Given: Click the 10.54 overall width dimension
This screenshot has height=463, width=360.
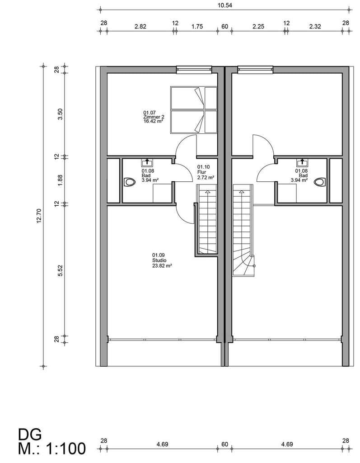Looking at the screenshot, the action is tap(224, 5).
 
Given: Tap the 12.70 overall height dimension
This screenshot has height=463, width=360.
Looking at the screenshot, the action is tap(39, 216).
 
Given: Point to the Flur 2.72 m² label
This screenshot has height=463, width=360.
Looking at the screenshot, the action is tap(206, 172).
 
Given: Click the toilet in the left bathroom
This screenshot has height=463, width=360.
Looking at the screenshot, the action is tap(130, 182).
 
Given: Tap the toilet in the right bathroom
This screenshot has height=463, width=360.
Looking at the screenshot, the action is tap(320, 182).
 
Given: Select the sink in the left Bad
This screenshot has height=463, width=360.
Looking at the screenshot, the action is tap(147, 162).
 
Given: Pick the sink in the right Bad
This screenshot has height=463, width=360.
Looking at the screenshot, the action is tap(302, 162).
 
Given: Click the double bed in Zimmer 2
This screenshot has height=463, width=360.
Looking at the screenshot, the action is tap(194, 109).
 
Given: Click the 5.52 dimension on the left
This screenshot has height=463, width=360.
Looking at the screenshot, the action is tap(60, 270).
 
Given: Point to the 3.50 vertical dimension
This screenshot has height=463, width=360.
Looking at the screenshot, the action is tap(60, 114).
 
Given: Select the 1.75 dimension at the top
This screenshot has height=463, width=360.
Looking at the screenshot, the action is tap(197, 27).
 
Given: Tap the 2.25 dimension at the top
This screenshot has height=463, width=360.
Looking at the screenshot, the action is tap(258, 27).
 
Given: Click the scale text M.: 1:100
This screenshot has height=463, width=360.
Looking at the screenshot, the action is tap(52, 448).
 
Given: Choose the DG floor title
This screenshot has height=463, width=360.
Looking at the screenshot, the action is tap(30, 435).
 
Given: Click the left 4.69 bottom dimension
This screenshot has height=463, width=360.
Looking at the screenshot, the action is tap(162, 444).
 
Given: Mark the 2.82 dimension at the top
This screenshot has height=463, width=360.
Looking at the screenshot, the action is tap(140, 27).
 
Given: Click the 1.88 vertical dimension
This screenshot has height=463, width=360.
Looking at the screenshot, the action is tap(60, 180).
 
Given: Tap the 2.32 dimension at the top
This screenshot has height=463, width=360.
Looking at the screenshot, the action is tap(315, 27).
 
